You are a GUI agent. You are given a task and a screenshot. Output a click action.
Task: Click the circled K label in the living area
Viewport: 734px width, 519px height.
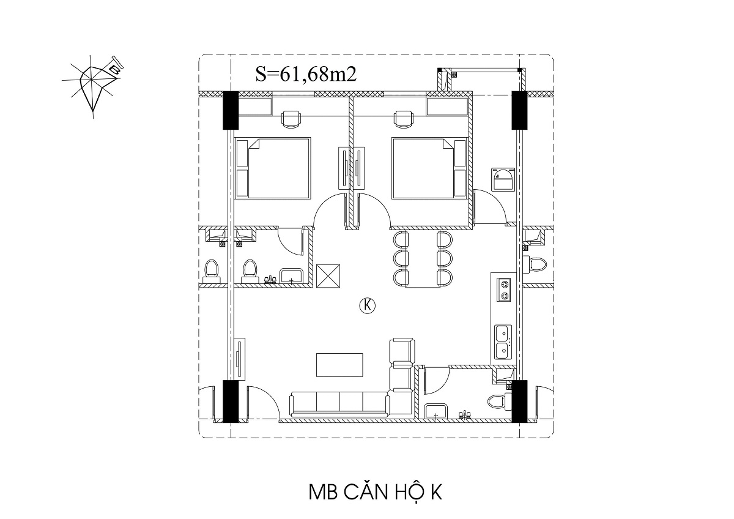(367, 305)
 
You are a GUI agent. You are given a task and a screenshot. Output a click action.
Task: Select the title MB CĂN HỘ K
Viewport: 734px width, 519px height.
(376, 492)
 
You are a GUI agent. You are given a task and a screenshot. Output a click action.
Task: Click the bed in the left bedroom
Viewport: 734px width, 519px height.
(273, 168)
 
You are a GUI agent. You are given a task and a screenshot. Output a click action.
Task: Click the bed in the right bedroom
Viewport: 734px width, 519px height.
(429, 168)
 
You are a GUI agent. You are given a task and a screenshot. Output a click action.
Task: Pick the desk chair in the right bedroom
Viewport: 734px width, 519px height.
(404, 119)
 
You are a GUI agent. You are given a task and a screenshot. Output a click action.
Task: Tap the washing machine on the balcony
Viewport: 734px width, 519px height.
(503, 179)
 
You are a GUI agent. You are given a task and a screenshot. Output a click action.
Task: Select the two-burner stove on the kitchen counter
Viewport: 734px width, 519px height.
(504, 290)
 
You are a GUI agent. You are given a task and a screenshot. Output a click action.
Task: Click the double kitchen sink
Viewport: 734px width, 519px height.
(503, 342)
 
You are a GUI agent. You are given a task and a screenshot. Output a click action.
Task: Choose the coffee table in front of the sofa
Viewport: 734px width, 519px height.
(339, 365)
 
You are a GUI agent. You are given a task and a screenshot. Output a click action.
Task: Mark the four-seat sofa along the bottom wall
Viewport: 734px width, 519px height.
(339, 404)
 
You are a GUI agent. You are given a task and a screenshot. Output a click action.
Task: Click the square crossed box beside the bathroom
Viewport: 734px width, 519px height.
(328, 276)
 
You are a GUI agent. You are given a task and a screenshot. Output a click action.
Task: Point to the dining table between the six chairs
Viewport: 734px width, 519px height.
(423, 259)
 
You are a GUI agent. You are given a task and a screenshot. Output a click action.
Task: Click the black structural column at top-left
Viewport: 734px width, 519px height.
(231, 110)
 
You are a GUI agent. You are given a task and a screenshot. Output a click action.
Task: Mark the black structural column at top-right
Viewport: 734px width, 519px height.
(519, 110)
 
